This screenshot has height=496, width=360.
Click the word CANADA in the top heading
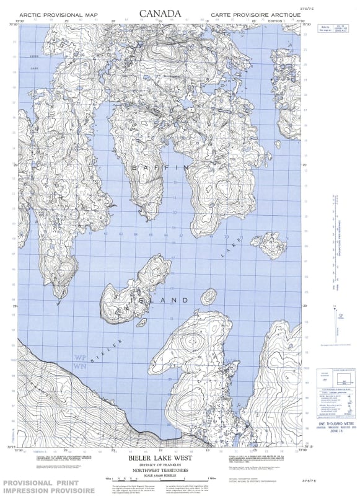[160, 14]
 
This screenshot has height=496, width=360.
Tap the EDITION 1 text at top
[276, 21]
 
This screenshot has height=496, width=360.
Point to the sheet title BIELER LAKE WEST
[158, 461]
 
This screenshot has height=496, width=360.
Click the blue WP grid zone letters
[79, 358]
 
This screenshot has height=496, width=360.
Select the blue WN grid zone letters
[79, 366]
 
